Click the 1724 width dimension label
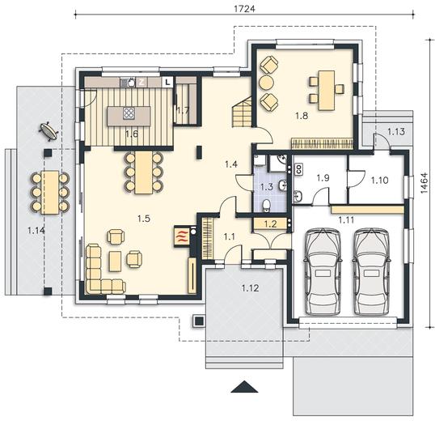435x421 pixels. point(244,9)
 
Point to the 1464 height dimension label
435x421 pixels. point(424,183)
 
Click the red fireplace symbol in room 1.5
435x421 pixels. point(181,236)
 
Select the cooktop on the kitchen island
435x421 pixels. point(129,113)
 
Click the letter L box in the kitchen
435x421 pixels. point(167,82)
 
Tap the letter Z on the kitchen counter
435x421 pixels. point(141,82)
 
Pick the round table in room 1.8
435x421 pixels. point(266,82)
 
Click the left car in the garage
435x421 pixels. point(323,271)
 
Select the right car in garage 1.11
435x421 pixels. point(371,271)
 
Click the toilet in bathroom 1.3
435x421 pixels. point(267,205)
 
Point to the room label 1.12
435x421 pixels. point(250,288)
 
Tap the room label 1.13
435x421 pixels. point(396,131)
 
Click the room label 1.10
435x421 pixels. point(379,181)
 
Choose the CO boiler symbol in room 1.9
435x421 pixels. point(299,169)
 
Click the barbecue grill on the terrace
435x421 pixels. point(49,130)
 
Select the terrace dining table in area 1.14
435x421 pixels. point(50,192)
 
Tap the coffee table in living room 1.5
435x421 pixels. point(115,261)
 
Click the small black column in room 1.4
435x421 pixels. point(199,152)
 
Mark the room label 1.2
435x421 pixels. point(271,223)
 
